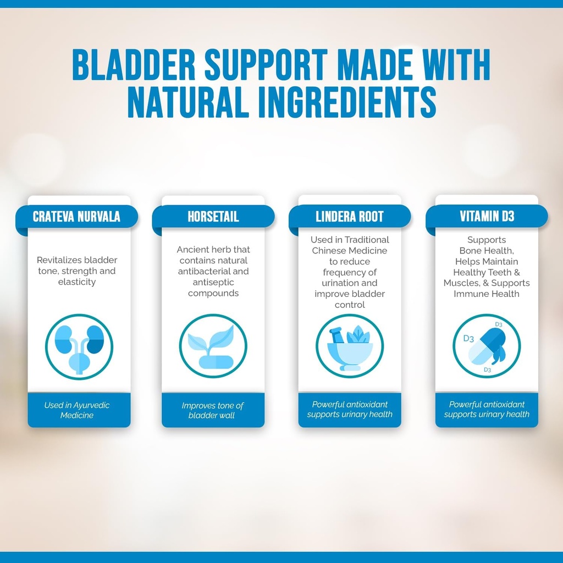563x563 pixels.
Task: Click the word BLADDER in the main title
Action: click(134, 65)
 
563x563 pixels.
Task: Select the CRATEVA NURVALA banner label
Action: click(76, 217)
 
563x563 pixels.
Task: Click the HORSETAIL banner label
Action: click(213, 217)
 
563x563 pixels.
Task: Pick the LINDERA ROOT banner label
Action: click(350, 217)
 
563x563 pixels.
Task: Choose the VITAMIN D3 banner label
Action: click(487, 216)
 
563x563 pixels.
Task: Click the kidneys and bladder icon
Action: click(79, 346)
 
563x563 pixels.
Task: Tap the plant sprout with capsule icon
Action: click(213, 346)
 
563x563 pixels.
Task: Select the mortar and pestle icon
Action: click(350, 346)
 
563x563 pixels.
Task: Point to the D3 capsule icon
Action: click(487, 346)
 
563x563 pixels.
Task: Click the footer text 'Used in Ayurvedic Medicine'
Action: click(77, 410)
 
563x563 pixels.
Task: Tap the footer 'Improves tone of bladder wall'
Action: click(213, 410)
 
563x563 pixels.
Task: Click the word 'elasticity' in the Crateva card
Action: click(77, 282)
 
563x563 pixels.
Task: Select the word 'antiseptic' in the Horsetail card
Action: click(213, 282)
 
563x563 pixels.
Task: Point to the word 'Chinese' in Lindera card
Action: click(327, 251)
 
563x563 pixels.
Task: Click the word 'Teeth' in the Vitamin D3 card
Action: click(500, 272)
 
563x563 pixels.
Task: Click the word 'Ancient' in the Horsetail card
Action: click(192, 250)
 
